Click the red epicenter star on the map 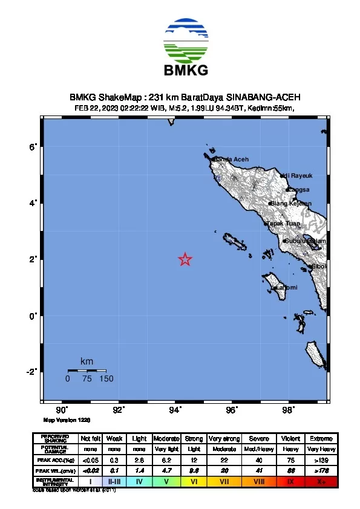[185, 259]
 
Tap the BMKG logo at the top [186, 48]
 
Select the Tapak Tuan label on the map [283, 224]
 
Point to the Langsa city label [298, 190]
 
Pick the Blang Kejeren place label [291, 204]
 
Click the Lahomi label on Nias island [286, 288]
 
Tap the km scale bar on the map [87, 371]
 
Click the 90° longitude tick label [62, 410]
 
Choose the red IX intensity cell [290, 482]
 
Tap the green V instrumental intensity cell [166, 482]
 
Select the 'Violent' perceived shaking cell [290, 438]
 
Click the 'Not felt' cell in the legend [90, 438]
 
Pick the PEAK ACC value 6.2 [166, 460]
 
